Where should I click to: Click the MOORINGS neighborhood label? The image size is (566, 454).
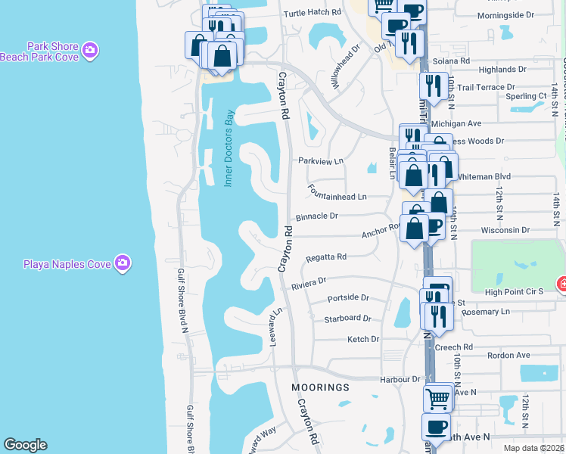click(x=321, y=387)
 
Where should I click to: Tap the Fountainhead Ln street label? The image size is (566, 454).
click(x=337, y=197)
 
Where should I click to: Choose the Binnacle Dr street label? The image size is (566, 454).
click(x=316, y=216)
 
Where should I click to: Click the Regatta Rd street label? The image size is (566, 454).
click(x=326, y=257)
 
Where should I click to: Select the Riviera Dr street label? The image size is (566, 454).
click(x=308, y=283)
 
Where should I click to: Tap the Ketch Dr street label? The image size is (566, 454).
click(x=363, y=340)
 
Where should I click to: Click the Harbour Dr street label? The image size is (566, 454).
click(x=401, y=379)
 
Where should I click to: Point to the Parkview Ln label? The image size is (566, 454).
click(x=321, y=161)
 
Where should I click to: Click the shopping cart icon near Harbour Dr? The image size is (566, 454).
click(x=437, y=397)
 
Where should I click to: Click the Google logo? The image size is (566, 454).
click(x=25, y=445)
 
